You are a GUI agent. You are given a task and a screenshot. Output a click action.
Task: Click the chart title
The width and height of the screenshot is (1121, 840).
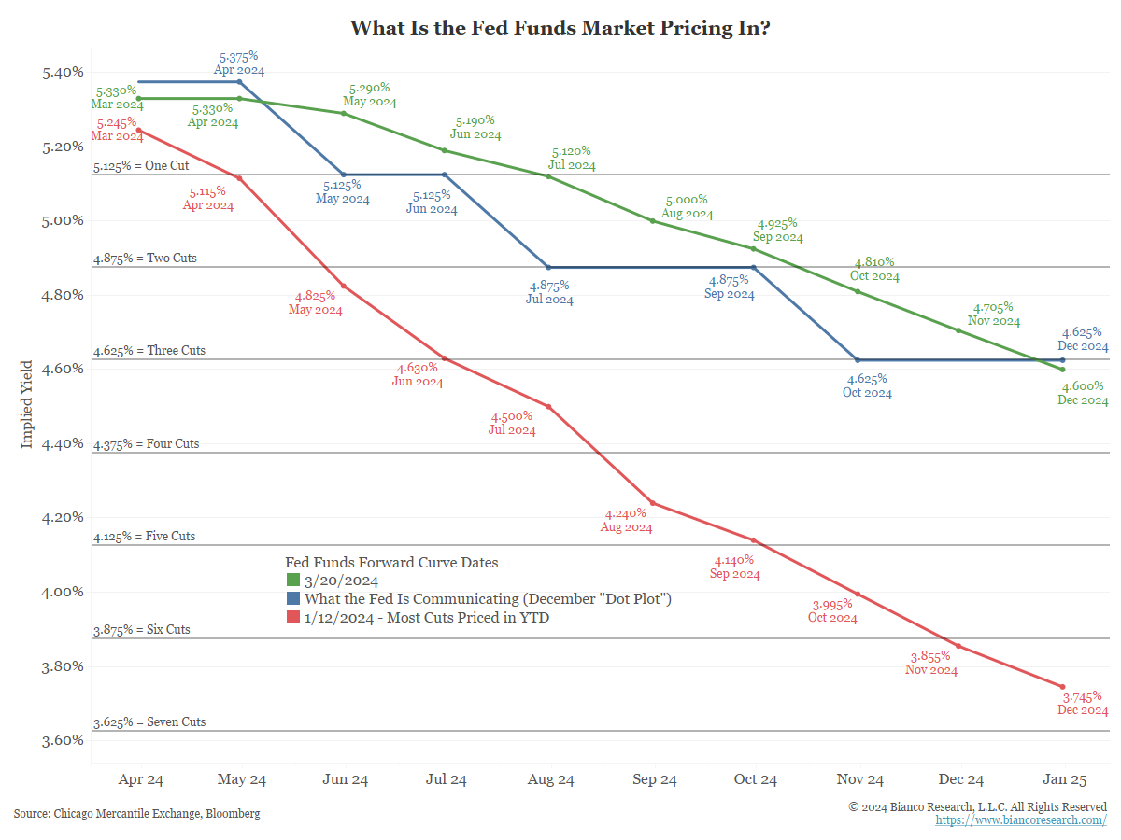560,28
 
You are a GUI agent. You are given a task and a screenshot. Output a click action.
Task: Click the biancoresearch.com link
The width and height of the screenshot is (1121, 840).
1021,820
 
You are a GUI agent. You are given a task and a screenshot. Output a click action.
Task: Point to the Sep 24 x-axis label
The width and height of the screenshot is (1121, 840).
654,780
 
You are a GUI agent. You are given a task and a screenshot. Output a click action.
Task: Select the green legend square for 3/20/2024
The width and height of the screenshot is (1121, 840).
291,581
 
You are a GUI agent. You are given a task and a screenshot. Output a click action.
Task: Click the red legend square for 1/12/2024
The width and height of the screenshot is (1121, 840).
291,617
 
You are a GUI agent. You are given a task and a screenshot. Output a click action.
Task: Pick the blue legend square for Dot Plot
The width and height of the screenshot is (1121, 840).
291,599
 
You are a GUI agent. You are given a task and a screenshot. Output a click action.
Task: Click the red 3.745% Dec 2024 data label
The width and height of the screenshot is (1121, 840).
1083,703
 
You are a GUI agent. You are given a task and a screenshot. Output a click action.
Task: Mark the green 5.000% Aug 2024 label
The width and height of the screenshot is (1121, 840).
687,206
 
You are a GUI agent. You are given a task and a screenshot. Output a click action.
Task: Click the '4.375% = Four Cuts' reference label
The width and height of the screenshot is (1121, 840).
147,444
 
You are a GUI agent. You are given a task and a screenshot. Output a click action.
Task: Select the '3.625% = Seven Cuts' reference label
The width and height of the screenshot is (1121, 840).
149,722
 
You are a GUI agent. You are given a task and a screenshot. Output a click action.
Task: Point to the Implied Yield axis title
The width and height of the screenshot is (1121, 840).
27,404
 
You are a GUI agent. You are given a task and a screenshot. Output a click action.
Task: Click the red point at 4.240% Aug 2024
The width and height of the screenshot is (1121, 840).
653,503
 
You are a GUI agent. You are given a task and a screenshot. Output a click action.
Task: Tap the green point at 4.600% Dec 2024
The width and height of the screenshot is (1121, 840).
1063,370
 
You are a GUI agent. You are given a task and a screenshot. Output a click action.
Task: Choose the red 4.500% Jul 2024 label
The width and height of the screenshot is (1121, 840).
512,423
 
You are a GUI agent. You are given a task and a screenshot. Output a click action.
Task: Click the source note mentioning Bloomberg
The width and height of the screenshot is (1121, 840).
136,814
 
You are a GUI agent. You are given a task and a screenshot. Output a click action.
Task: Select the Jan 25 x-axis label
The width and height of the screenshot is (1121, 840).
1063,780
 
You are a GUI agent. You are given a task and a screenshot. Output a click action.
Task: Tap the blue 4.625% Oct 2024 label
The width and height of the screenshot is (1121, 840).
867,385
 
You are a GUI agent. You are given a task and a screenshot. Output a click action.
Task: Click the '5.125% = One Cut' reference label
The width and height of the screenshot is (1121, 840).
141,166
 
